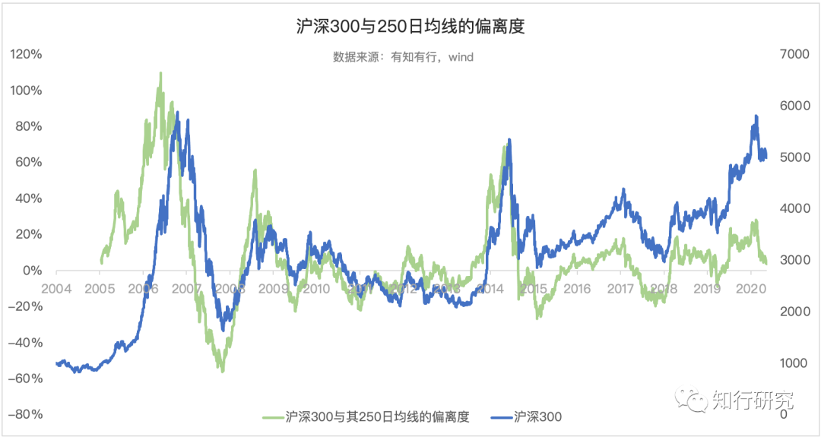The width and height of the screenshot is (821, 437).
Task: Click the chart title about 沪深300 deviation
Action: (x=410, y=27)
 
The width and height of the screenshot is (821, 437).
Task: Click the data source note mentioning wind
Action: (x=403, y=57)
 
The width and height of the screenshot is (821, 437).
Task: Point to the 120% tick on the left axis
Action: (x=26, y=55)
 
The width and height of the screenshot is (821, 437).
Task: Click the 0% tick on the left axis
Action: (x=31, y=271)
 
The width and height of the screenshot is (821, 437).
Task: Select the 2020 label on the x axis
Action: (x=751, y=290)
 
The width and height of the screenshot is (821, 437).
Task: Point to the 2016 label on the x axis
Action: (x=577, y=290)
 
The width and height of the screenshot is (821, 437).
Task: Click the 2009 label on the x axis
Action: (x=274, y=290)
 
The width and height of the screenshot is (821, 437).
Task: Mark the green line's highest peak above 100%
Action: (x=160, y=73)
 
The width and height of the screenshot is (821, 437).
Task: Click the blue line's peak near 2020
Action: (x=756, y=116)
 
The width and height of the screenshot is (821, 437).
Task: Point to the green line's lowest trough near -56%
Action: (x=222, y=371)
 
